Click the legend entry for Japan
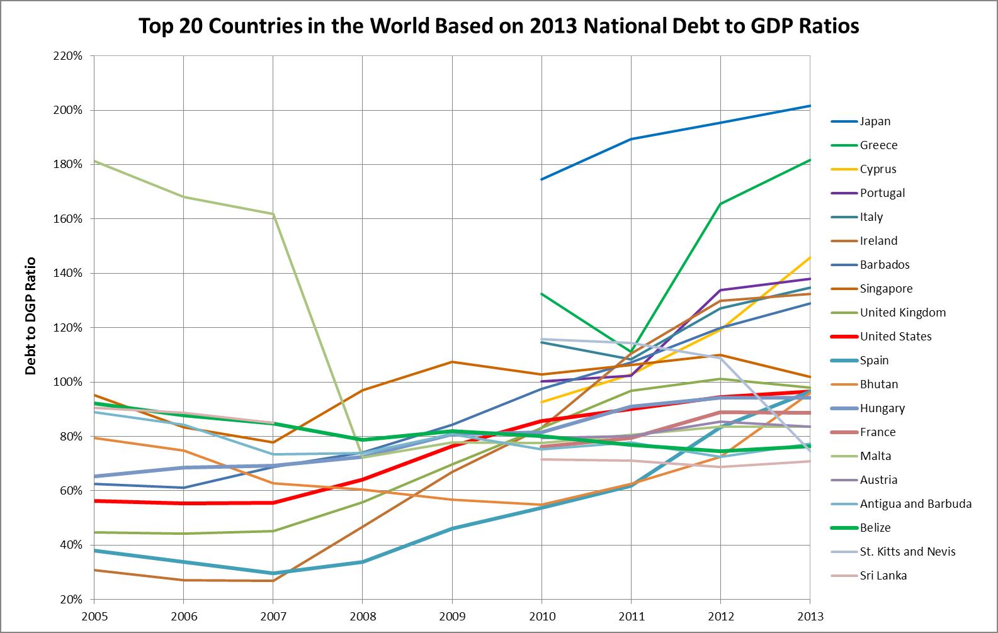(x=875, y=121)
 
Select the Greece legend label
(x=878, y=145)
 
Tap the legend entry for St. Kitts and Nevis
(x=907, y=552)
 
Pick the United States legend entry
(x=895, y=337)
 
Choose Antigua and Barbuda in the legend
(x=916, y=504)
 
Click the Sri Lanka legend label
(x=883, y=576)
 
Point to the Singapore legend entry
(x=886, y=289)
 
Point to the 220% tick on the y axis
(x=68, y=56)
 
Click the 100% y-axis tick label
(x=68, y=382)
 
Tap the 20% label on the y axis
(x=71, y=599)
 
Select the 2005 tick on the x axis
(x=93, y=616)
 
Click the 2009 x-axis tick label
(x=451, y=616)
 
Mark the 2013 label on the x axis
(x=810, y=616)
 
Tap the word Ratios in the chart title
(x=827, y=26)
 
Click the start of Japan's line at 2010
(x=542, y=179)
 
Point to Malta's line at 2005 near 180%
(x=94, y=161)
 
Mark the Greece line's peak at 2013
(x=810, y=160)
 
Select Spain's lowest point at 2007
(x=273, y=573)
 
